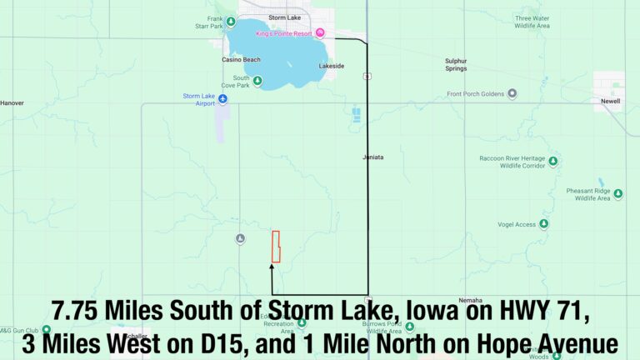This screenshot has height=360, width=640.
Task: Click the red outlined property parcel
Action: point(276,246)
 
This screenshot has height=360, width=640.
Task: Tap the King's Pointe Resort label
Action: point(283,34)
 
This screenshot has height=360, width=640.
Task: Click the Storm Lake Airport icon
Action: point(222,98)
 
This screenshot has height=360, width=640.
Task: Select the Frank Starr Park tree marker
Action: point(217,22)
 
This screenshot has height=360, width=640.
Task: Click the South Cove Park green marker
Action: point(257,81)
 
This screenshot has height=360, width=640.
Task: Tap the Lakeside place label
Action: point(331,66)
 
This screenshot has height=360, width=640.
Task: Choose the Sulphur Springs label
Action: point(456,64)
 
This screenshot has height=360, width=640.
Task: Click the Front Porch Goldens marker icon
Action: point(512,93)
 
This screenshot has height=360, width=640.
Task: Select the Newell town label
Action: point(610,101)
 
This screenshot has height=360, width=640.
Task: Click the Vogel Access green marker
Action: point(543,224)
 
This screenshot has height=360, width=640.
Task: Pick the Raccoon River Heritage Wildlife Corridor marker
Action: point(552,162)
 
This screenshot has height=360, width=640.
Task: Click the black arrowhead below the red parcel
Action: point(272,267)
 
